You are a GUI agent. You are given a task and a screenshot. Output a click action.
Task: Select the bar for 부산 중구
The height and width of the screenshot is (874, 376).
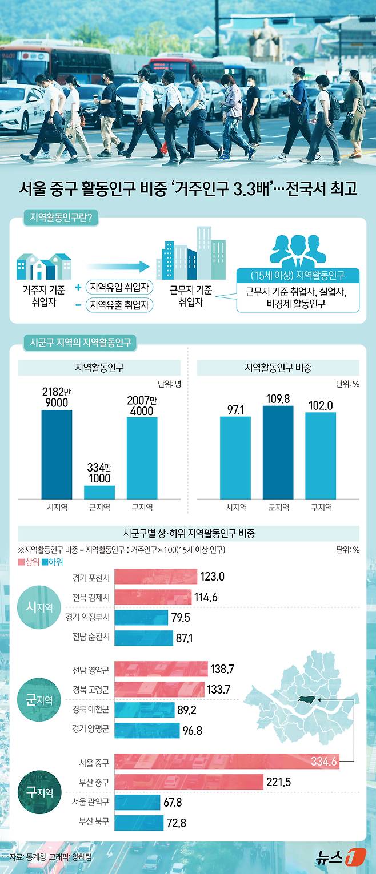click(189, 782)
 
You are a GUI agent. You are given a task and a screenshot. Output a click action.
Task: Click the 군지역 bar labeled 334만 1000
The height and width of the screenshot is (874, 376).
click(99, 492)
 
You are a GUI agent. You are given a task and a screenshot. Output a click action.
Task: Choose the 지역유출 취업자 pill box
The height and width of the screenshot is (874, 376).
click(119, 305)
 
